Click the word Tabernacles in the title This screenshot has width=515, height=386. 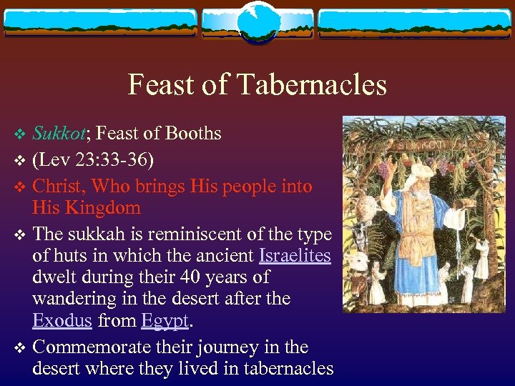click(313, 85)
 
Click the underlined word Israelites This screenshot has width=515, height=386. click(295, 255)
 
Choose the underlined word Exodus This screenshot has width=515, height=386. click(62, 321)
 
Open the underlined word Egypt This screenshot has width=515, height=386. click(165, 321)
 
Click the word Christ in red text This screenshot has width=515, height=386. click(60, 187)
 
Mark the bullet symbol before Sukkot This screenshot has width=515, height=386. click(19, 134)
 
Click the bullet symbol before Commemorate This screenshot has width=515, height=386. click(19, 348)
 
